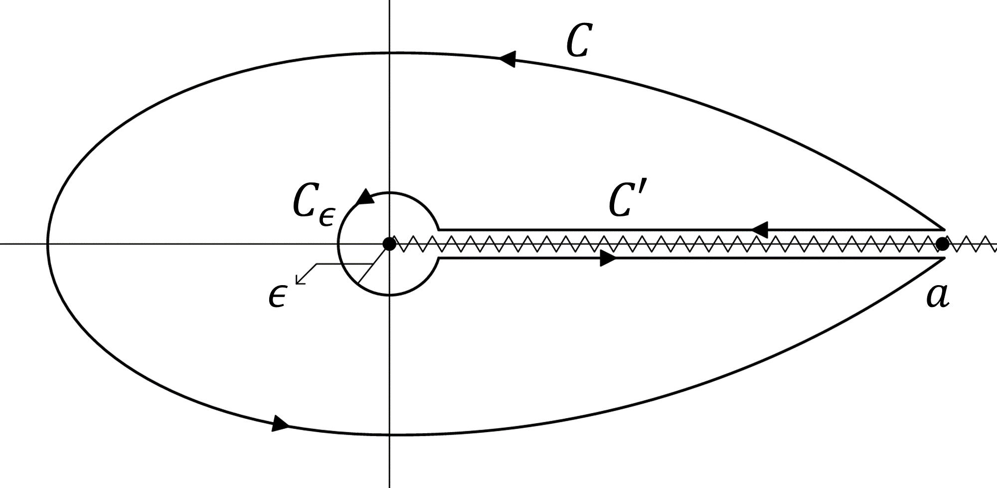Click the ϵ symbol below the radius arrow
pyautogui.click(x=277, y=298)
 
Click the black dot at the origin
pyautogui.click(x=389, y=244)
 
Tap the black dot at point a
pyautogui.click(x=942, y=244)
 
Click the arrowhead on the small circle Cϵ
pyautogui.click(x=365, y=197)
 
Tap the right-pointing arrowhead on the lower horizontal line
pyautogui.click(x=608, y=258)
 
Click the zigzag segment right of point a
pyautogui.click(x=972, y=244)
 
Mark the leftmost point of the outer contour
pyautogui.click(x=48, y=244)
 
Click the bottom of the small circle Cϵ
pyautogui.click(x=389, y=295)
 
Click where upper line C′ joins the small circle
pyautogui.click(x=439, y=230)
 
